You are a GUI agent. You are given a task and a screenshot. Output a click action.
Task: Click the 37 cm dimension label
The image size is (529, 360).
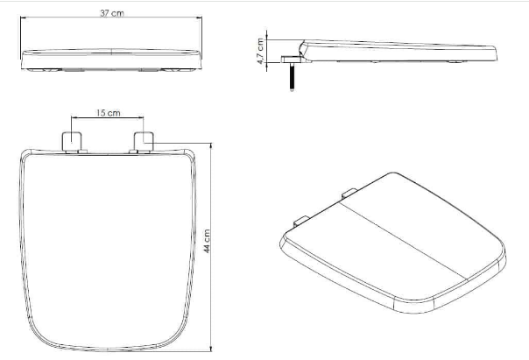click(x=112, y=13)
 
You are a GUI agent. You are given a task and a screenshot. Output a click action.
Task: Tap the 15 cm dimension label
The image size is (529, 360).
click(x=108, y=113)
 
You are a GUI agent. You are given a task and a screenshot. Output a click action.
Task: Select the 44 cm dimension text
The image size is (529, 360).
click(x=207, y=241)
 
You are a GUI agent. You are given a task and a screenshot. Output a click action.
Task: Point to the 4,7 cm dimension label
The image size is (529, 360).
click(x=260, y=51)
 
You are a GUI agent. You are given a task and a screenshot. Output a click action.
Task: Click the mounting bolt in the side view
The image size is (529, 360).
click(x=292, y=77)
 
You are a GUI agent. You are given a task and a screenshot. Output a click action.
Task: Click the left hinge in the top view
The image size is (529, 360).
click(x=72, y=142)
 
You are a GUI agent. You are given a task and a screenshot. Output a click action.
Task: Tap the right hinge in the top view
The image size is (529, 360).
click(x=144, y=142)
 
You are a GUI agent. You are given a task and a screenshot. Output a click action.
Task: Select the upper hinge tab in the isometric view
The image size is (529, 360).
click(x=349, y=193)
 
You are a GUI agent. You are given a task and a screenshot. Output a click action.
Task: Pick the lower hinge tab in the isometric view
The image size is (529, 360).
click(x=301, y=221)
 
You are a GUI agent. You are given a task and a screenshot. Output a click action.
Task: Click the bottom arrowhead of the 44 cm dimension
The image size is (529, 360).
click(x=211, y=349)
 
